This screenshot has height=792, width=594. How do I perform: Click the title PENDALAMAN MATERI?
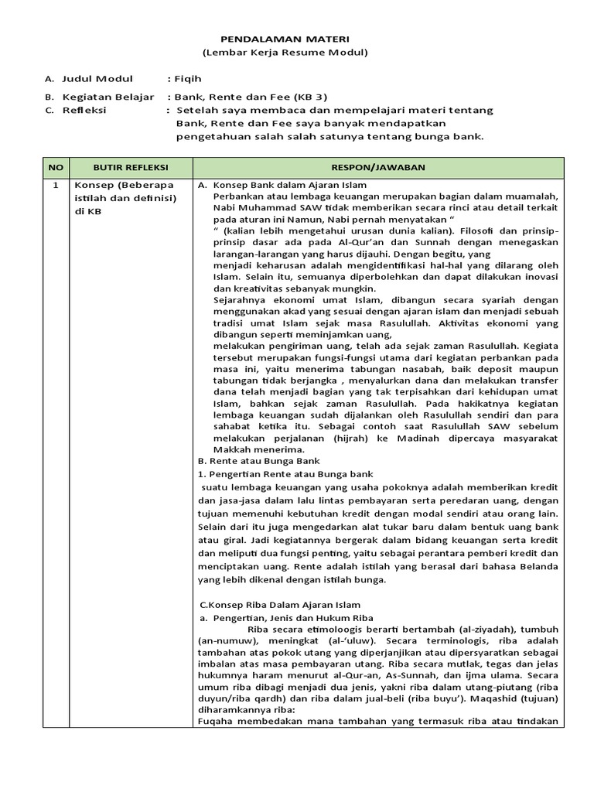coord(285,38)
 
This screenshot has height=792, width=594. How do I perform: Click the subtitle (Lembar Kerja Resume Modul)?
coord(285,53)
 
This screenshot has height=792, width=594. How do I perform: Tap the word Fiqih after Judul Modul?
coord(188,79)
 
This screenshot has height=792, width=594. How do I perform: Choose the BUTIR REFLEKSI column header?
coord(131,167)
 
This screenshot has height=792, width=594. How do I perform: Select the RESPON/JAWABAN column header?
coord(378,167)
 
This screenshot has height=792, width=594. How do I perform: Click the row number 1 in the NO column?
coord(55,186)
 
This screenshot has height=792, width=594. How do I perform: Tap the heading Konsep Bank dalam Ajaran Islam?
coord(289,186)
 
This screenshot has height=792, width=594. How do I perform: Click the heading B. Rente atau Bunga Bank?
coord(253,460)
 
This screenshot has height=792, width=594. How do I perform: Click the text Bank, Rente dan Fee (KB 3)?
coord(251,97)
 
